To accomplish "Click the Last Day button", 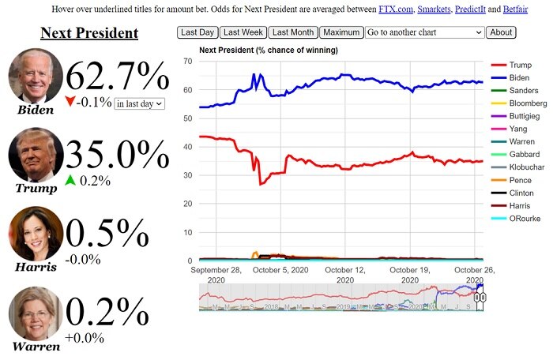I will click(197, 32).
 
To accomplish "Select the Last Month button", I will click(292, 32).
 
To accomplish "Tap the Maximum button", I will click(341, 32).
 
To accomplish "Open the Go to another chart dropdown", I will click(424, 32).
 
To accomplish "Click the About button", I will click(501, 32).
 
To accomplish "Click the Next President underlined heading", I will click(89, 33).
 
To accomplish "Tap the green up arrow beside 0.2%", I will click(70, 180).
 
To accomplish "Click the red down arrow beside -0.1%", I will click(71, 103).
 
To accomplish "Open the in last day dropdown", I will click(139, 103).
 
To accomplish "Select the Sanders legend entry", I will click(521, 91).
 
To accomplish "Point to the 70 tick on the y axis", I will click(188, 61).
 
